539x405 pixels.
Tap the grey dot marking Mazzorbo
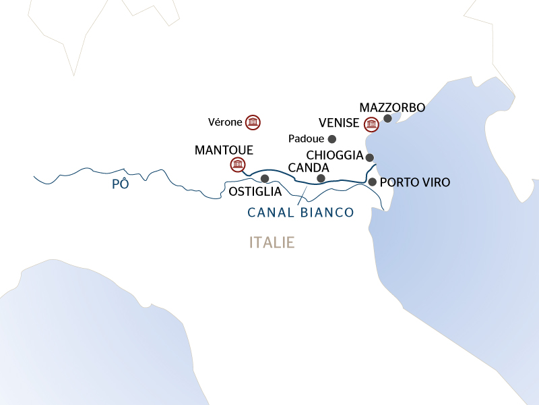click(x=387, y=119)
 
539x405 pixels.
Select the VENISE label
click(x=339, y=124)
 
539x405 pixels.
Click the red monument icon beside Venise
click(x=371, y=124)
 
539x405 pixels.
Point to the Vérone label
click(x=226, y=122)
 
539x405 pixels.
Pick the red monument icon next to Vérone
click(x=253, y=122)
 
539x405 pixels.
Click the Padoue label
click(x=306, y=139)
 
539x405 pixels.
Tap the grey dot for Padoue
click(x=331, y=139)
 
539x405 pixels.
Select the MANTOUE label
click(x=223, y=149)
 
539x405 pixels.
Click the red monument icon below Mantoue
click(x=236, y=164)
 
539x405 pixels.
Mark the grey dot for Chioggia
click(x=369, y=157)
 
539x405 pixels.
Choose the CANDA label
click(x=308, y=167)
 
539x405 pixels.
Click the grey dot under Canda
click(x=321, y=178)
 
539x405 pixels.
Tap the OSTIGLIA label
click(x=255, y=192)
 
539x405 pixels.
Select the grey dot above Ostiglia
click(x=264, y=179)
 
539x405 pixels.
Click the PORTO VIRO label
click(x=415, y=182)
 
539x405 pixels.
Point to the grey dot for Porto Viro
click(x=372, y=182)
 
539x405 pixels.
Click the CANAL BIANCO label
click(x=300, y=212)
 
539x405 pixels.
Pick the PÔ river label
click(x=120, y=184)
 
